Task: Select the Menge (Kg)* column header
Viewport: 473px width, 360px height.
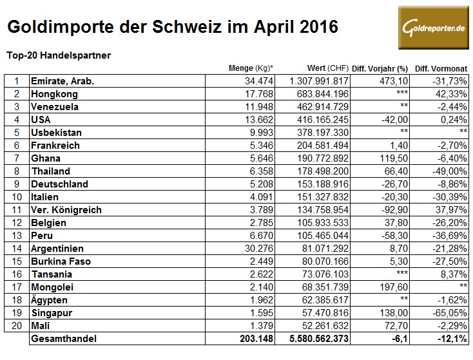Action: click(x=251, y=68)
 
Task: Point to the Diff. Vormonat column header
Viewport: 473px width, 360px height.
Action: click(x=441, y=68)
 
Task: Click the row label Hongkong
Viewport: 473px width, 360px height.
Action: click(x=53, y=94)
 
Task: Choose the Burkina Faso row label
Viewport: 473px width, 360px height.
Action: click(x=61, y=261)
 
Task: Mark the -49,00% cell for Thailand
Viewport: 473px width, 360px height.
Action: click(x=449, y=171)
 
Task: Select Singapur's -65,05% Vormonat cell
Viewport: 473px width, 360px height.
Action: click(x=449, y=313)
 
